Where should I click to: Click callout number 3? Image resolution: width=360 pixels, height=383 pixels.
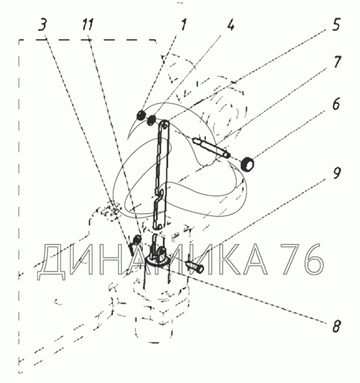pos(43,25)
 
